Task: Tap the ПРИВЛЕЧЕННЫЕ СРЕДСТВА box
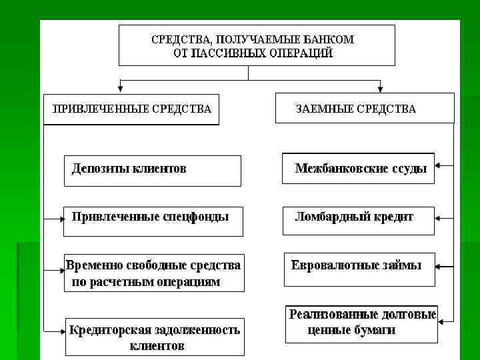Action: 131,109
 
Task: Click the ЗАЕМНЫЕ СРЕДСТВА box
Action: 364,109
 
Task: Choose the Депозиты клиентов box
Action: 152,170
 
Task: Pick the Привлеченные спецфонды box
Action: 153,221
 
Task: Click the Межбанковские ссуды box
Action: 358,168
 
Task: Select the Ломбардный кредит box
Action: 358,220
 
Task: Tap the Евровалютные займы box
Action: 359,269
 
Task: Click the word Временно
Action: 91,265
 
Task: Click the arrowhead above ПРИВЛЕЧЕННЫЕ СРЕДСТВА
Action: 119,87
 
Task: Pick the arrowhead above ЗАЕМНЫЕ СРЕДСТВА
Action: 381,87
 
